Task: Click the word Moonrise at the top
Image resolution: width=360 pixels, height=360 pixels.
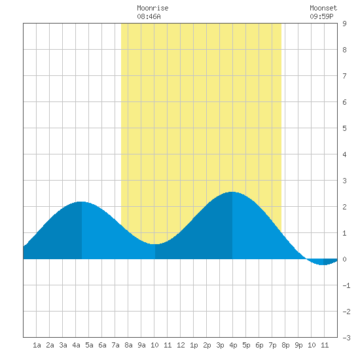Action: coord(153,8)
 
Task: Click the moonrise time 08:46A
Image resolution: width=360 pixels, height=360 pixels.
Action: coord(149,16)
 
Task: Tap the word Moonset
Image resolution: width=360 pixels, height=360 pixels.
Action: coord(323,8)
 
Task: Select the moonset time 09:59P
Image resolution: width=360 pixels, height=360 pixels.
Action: coord(321,16)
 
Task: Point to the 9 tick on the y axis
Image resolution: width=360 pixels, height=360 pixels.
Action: coord(344,24)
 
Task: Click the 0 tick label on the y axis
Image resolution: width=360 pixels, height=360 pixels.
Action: coord(344,259)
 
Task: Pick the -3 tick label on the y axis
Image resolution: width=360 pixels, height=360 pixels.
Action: coord(346,338)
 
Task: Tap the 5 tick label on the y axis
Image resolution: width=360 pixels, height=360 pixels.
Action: coord(344,128)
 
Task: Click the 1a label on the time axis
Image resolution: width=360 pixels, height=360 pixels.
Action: coord(37,345)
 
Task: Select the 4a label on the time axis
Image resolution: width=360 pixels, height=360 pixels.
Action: coord(76,345)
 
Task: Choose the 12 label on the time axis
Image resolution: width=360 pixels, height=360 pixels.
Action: coord(181,345)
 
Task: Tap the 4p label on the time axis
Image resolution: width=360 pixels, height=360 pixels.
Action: coord(233,345)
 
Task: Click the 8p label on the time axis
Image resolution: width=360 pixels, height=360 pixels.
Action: coord(285,345)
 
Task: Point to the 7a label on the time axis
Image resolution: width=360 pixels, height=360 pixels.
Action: coord(115,345)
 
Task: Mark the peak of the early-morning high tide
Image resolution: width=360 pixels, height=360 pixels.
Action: coord(82,202)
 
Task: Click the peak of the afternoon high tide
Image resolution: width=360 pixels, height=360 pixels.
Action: coord(232,192)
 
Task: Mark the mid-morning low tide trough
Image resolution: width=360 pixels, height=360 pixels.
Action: coord(155,244)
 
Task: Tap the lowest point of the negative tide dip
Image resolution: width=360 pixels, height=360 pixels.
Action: coord(323,264)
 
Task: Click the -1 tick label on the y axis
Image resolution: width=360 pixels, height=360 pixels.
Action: coord(346,285)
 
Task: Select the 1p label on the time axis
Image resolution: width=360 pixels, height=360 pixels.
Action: coord(194,345)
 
